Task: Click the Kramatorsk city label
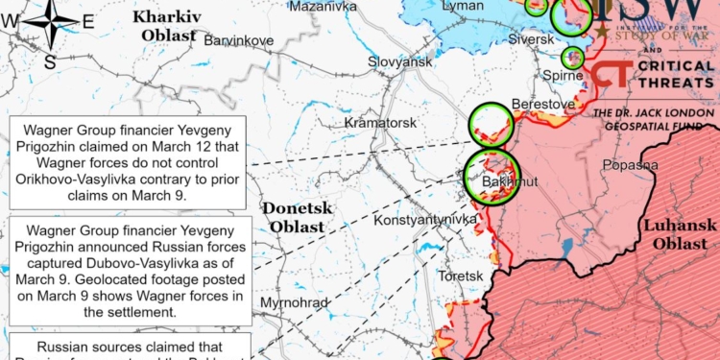click(x=380, y=124)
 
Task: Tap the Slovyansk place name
click(x=400, y=61)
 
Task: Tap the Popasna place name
click(x=630, y=165)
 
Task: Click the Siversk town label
click(x=531, y=40)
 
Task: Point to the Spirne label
click(x=564, y=75)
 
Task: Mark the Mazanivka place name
click(x=317, y=6)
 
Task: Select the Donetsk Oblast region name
click(x=297, y=216)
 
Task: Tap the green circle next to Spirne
click(x=573, y=57)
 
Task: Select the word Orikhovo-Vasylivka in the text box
click(x=82, y=178)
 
